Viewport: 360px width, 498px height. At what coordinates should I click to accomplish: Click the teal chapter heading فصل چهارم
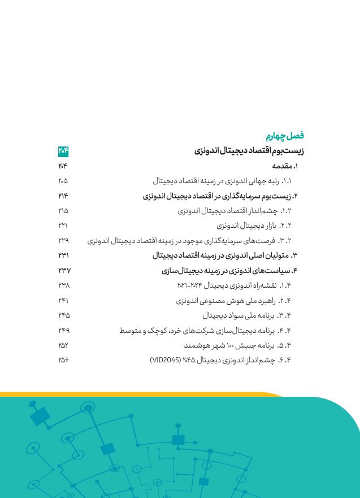285,136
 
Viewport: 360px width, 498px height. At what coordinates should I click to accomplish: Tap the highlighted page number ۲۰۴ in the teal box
63,151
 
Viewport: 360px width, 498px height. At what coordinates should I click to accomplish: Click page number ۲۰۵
63,181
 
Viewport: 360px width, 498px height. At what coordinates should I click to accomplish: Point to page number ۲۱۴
63,196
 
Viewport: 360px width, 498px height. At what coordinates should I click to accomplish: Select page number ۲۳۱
63,256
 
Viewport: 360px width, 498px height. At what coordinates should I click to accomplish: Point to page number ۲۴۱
63,300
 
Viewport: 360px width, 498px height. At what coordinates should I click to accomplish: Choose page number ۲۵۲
63,345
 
